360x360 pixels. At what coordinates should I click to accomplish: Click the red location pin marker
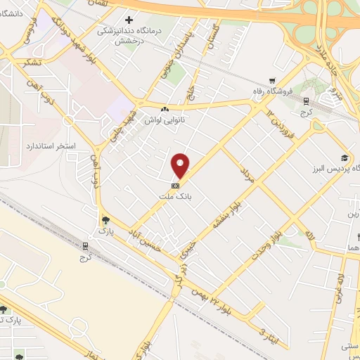pos(181,166)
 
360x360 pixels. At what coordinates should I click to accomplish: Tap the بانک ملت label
pos(180,198)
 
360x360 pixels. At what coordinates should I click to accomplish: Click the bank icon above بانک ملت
pos(174,186)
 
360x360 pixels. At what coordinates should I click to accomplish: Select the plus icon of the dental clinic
pos(128,20)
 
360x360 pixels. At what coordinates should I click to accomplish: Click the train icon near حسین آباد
pos(85,247)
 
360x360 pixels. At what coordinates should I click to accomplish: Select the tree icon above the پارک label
pos(105,219)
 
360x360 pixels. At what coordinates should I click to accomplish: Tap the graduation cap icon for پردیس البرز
pos(345,158)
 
